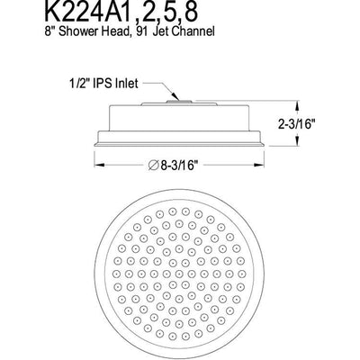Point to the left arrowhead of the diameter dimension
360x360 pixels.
[x=96, y=166]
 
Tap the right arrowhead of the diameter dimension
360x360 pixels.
[x=266, y=166]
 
